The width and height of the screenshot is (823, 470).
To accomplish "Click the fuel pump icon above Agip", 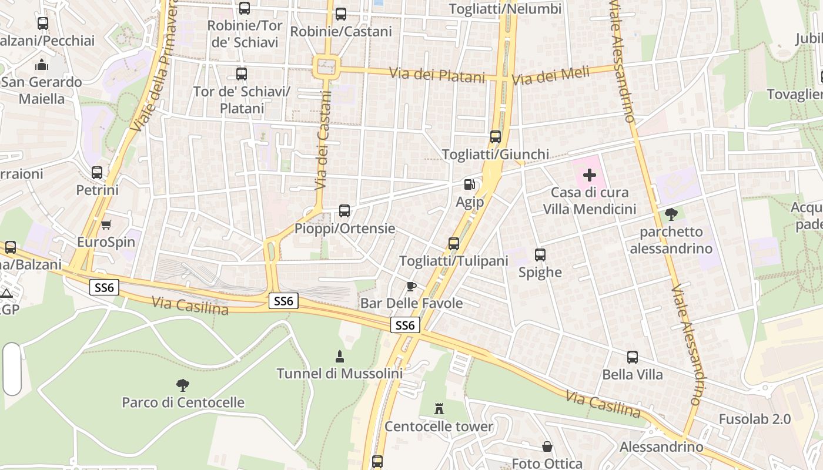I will click(469, 184).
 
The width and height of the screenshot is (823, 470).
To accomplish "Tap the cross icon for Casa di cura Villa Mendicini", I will click(589, 175).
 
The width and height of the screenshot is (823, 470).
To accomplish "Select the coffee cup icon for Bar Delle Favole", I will click(411, 286).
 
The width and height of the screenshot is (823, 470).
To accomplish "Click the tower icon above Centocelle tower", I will click(439, 408).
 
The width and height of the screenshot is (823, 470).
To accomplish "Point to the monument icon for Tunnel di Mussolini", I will click(339, 356).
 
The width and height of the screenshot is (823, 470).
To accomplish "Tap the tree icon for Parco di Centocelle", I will click(183, 385).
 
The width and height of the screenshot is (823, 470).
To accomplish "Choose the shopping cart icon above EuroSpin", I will click(106, 224).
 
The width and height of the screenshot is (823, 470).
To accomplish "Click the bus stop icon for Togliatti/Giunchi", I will click(496, 137).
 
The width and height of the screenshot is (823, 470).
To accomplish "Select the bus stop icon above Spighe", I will click(540, 255).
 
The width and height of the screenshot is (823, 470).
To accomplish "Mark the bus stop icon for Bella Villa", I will click(633, 357).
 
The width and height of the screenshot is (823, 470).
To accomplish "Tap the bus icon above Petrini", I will click(97, 173).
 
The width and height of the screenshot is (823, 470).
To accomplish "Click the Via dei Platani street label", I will click(437, 75).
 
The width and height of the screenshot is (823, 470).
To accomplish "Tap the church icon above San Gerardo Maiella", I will click(41, 65).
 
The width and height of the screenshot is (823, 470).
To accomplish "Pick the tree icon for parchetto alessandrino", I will click(671, 214).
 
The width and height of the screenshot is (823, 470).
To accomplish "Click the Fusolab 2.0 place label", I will click(755, 419).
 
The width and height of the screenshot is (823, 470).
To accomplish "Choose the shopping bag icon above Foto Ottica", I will click(547, 446).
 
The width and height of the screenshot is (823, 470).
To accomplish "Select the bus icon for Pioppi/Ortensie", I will click(344, 210).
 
